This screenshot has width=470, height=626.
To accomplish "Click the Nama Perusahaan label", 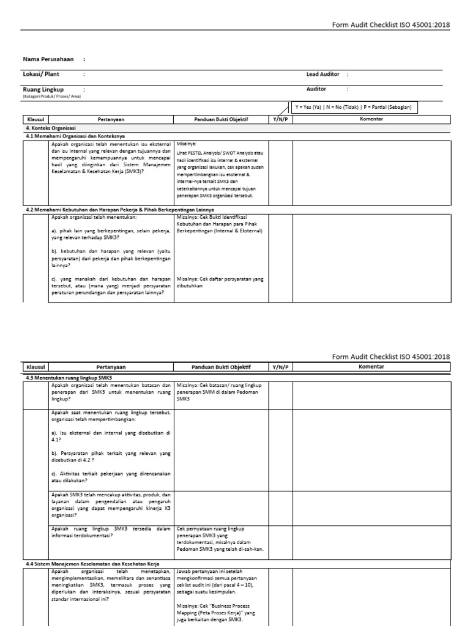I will tap(48, 59).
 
